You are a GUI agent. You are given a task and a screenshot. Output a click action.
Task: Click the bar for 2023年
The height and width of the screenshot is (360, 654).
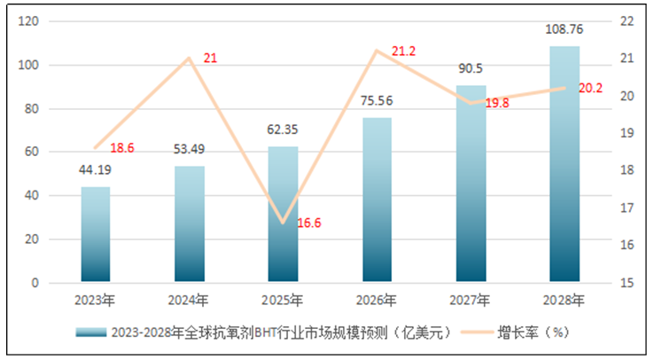[x=96, y=234]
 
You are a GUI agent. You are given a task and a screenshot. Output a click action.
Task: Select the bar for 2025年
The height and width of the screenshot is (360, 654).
[x=283, y=214]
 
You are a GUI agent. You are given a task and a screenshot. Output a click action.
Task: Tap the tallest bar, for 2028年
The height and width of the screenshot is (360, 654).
[x=564, y=164]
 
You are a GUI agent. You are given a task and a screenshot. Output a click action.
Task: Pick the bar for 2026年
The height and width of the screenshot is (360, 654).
[x=377, y=200]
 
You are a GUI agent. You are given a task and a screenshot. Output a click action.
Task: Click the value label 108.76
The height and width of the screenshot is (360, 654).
[x=564, y=29]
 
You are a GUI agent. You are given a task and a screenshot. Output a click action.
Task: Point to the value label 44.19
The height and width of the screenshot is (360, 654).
[x=96, y=171]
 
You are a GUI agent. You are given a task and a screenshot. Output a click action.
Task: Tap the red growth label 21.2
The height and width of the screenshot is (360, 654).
[x=403, y=52]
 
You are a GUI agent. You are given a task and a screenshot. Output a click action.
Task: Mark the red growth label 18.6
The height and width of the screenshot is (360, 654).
[x=121, y=148]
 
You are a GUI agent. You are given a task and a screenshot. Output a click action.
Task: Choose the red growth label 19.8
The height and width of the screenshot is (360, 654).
[x=497, y=103]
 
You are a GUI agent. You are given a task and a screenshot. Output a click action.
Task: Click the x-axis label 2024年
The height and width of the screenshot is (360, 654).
[x=190, y=301]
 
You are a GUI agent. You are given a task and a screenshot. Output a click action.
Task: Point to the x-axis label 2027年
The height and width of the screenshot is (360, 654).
[x=471, y=301]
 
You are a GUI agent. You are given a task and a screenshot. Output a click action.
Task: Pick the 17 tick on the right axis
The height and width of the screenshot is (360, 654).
[x=626, y=207]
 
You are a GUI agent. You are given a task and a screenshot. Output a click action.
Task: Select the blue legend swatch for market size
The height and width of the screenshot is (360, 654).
[x=92, y=333]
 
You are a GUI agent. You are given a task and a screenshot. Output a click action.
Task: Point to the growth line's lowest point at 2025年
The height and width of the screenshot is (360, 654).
[x=283, y=223]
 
